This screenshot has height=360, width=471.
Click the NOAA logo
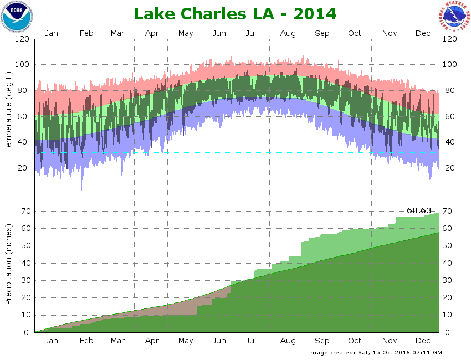click(x=17, y=16)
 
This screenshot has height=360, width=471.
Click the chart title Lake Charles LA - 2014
click(x=235, y=13)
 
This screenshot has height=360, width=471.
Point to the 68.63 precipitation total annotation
click(x=419, y=210)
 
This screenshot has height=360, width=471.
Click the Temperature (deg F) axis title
click(x=8, y=112)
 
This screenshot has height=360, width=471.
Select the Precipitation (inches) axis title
click(x=8, y=264)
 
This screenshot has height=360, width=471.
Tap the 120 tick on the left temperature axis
click(x=22, y=39)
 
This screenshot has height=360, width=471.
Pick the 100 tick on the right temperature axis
click(x=449, y=65)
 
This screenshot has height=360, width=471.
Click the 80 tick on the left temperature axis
click(x=24, y=90)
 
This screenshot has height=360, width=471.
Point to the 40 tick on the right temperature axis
click(x=448, y=142)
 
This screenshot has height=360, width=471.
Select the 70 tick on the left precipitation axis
click(x=24, y=211)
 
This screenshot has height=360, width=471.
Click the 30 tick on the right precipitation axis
click(x=448, y=280)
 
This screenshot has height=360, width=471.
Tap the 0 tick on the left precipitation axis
click(x=27, y=332)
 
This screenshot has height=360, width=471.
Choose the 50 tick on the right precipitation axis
click(x=448, y=245)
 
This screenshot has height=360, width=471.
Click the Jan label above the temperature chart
click(x=52, y=33)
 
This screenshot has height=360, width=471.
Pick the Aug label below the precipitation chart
click(x=288, y=341)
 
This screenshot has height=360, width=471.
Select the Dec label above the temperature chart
click(x=423, y=33)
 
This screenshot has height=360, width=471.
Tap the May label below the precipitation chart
click(x=186, y=341)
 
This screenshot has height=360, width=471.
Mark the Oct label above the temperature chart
click(x=355, y=33)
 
